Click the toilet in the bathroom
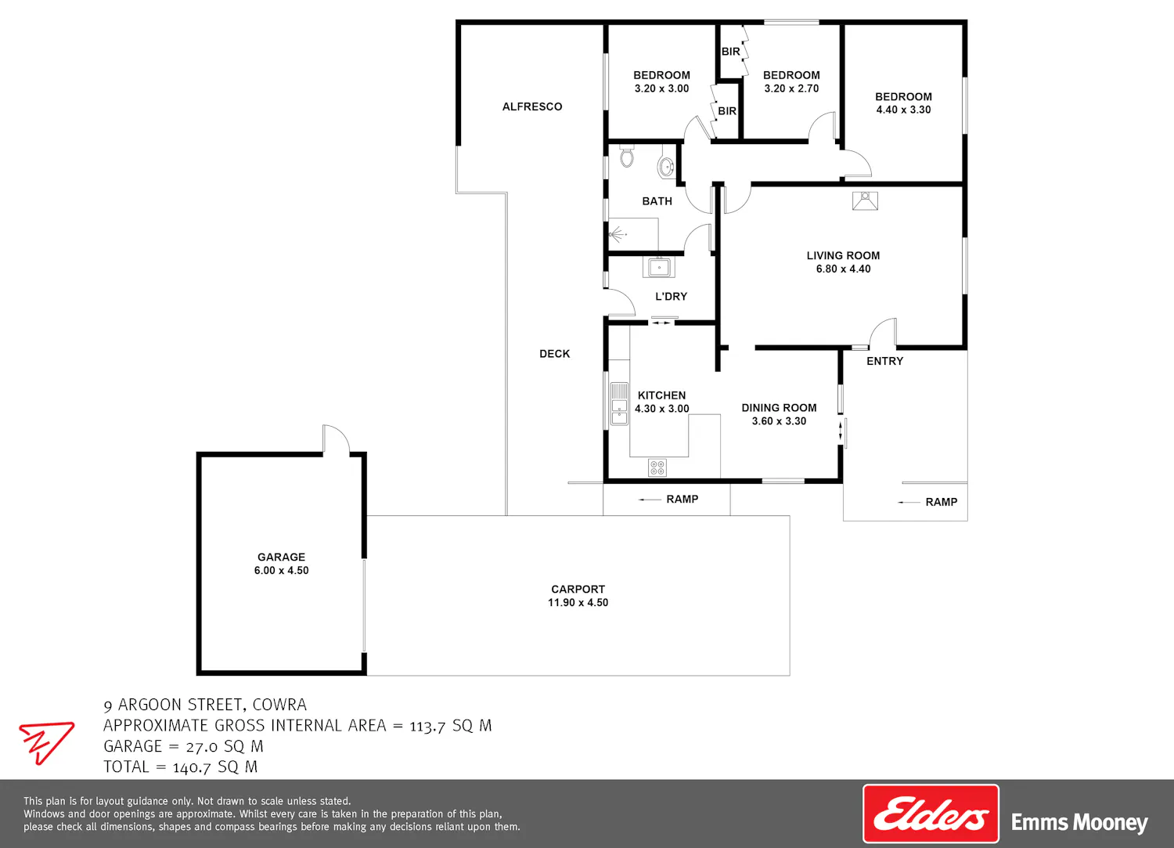point(627,157)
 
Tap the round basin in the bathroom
point(666,168)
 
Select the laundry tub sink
point(659,268)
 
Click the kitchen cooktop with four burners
point(657,467)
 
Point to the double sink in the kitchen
point(619,403)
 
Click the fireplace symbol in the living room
point(865,201)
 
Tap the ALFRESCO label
point(532,106)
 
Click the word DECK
point(554,354)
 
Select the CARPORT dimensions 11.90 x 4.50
point(578,603)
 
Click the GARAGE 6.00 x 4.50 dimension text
point(282,570)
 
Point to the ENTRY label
point(884,361)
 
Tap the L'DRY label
point(671,296)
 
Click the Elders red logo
point(931,814)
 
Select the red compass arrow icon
point(46,742)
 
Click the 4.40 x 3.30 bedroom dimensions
point(903,110)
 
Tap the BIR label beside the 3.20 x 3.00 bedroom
point(727,111)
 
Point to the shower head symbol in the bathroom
point(618,233)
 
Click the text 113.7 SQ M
point(451,726)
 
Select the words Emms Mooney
point(1079,822)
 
